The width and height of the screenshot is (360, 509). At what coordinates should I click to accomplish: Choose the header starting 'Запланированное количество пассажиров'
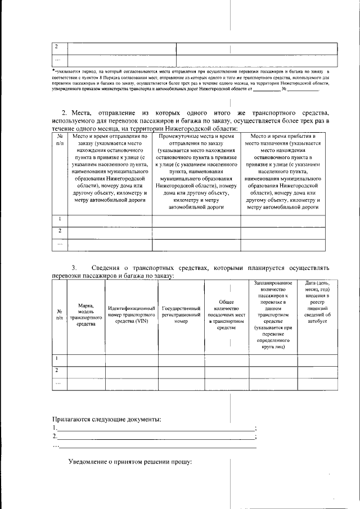[x=272, y=314]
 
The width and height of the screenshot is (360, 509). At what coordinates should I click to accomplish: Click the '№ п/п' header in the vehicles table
[x=59, y=314]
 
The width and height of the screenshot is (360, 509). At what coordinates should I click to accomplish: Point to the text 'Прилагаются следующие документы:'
[x=106, y=419]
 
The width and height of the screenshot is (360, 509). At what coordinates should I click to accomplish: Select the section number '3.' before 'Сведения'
[x=74, y=268]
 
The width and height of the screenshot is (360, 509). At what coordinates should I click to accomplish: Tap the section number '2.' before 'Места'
[x=64, y=114]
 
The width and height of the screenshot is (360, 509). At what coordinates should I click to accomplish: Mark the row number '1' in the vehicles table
[x=56, y=359]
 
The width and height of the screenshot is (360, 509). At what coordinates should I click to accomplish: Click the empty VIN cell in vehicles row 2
[x=131, y=371]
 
